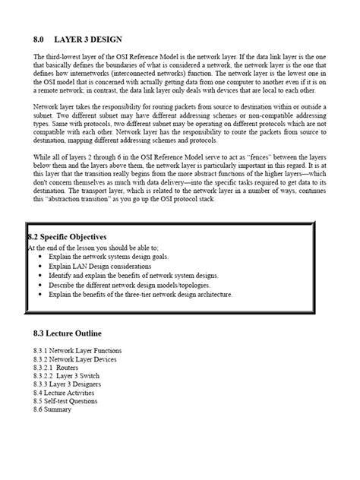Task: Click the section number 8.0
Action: tap(39, 38)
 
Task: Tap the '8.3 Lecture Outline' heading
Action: tap(68, 333)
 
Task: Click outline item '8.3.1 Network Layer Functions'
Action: tap(77, 350)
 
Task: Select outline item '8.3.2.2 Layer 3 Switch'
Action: tap(65, 376)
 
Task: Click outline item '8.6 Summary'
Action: tap(52, 409)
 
